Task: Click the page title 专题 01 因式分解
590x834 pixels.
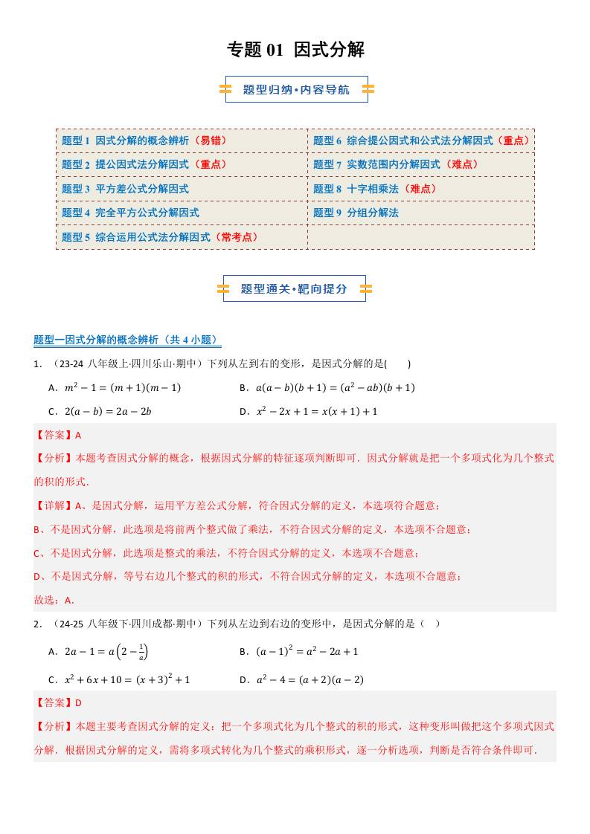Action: [295, 50]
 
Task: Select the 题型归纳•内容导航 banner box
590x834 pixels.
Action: [296, 89]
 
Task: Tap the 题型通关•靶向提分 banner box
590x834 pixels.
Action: [294, 288]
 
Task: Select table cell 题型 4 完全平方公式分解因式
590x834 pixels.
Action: [130, 213]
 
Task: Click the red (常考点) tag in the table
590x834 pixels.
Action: [237, 237]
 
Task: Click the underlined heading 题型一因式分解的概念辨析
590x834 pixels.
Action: [127, 340]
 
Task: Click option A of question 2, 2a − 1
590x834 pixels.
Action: [97, 652]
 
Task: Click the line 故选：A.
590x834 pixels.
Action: [54, 600]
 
